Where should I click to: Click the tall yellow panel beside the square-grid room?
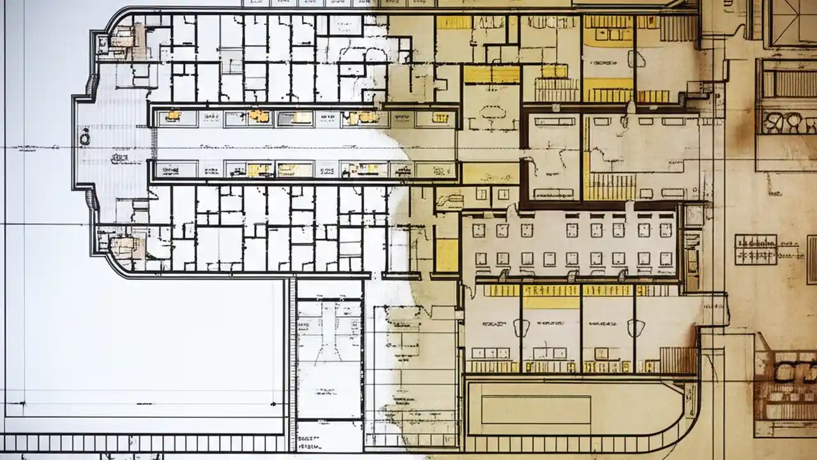click(x=447, y=255)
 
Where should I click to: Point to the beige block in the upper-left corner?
click(x=123, y=40)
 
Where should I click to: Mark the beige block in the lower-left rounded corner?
click(x=123, y=245)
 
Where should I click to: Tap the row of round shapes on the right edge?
click(x=786, y=121)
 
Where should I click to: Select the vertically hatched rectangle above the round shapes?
click(x=789, y=83)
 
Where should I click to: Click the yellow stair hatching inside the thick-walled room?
click(x=610, y=187)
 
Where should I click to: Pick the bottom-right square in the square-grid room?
click(x=666, y=258)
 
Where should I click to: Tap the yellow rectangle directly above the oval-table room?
click(x=491, y=75)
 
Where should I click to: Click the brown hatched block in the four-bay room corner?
click(x=678, y=360)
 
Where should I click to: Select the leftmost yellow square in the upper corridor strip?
click(x=172, y=116)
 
